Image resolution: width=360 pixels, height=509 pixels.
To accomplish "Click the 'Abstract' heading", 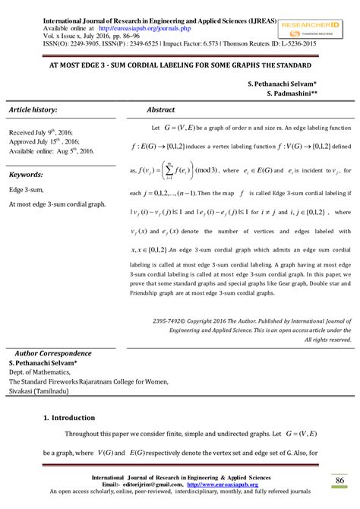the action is tap(161, 110).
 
